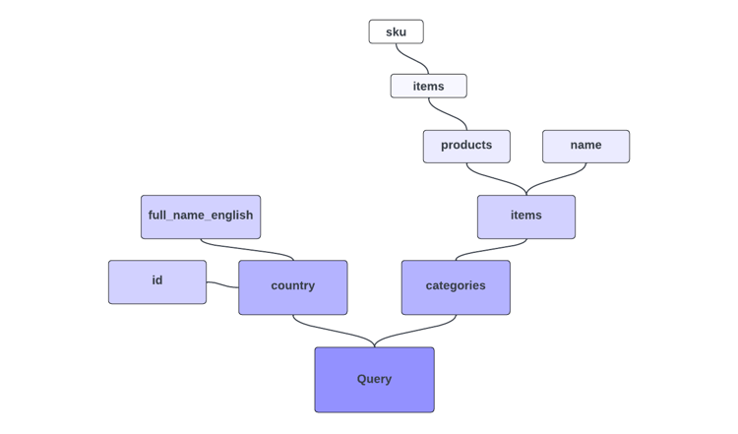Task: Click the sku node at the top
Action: [x=396, y=31]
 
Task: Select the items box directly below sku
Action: [x=428, y=86]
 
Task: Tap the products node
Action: [x=466, y=146]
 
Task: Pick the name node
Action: [x=585, y=146]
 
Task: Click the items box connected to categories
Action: [x=525, y=217]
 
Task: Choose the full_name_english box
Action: [x=201, y=217]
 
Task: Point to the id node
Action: [x=157, y=281]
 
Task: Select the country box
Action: [x=292, y=286]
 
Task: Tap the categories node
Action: [x=456, y=286]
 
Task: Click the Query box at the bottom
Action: [x=374, y=379]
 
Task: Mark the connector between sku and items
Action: [x=412, y=59]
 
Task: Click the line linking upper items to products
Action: [x=448, y=115]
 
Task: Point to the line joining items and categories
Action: [x=489, y=249]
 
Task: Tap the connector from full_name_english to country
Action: [x=247, y=250]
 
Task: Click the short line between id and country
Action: [x=222, y=284]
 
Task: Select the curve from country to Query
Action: [x=333, y=333]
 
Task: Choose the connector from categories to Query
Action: [x=415, y=333]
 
